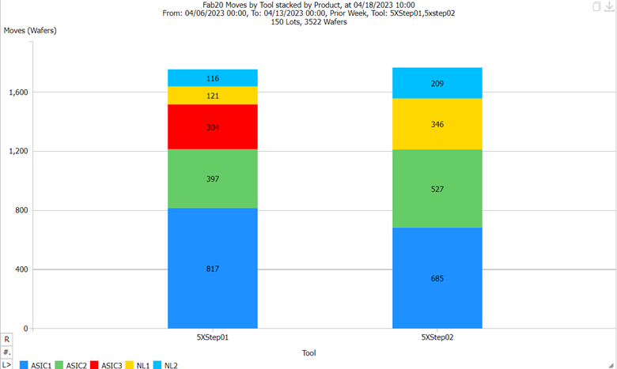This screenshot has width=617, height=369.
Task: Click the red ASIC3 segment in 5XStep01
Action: (x=213, y=127)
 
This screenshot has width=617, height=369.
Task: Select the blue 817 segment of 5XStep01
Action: (x=213, y=269)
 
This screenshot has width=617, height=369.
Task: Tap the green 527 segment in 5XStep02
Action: (x=437, y=189)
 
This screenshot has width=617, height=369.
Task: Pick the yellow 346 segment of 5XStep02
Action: (x=437, y=125)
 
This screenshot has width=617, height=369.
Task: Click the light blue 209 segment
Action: (x=437, y=83)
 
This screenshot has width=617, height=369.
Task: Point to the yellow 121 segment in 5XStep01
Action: (x=213, y=96)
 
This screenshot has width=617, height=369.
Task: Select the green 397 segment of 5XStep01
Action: (x=213, y=179)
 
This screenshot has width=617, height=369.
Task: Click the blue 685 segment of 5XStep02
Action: (x=437, y=278)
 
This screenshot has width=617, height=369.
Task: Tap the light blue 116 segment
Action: (x=213, y=78)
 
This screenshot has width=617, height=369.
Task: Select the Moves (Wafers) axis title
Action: (x=30, y=31)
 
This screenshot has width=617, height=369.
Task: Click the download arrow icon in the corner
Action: (x=609, y=6)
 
